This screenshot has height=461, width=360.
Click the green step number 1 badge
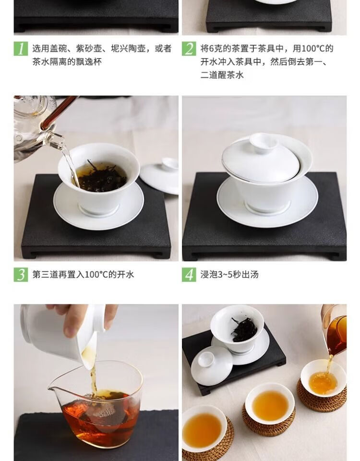click(x=21, y=49)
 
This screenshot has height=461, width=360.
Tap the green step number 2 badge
click(x=189, y=49)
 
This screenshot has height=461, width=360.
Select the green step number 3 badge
click(x=21, y=275)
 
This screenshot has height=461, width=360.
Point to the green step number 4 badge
click(x=189, y=275)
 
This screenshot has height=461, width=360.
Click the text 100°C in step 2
click(x=313, y=49)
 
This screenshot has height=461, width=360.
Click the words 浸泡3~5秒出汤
click(x=229, y=275)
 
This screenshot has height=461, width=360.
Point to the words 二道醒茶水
click(x=222, y=75)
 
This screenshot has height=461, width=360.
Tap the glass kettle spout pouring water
click(x=57, y=139)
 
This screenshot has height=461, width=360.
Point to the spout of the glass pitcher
click(x=52, y=390)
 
